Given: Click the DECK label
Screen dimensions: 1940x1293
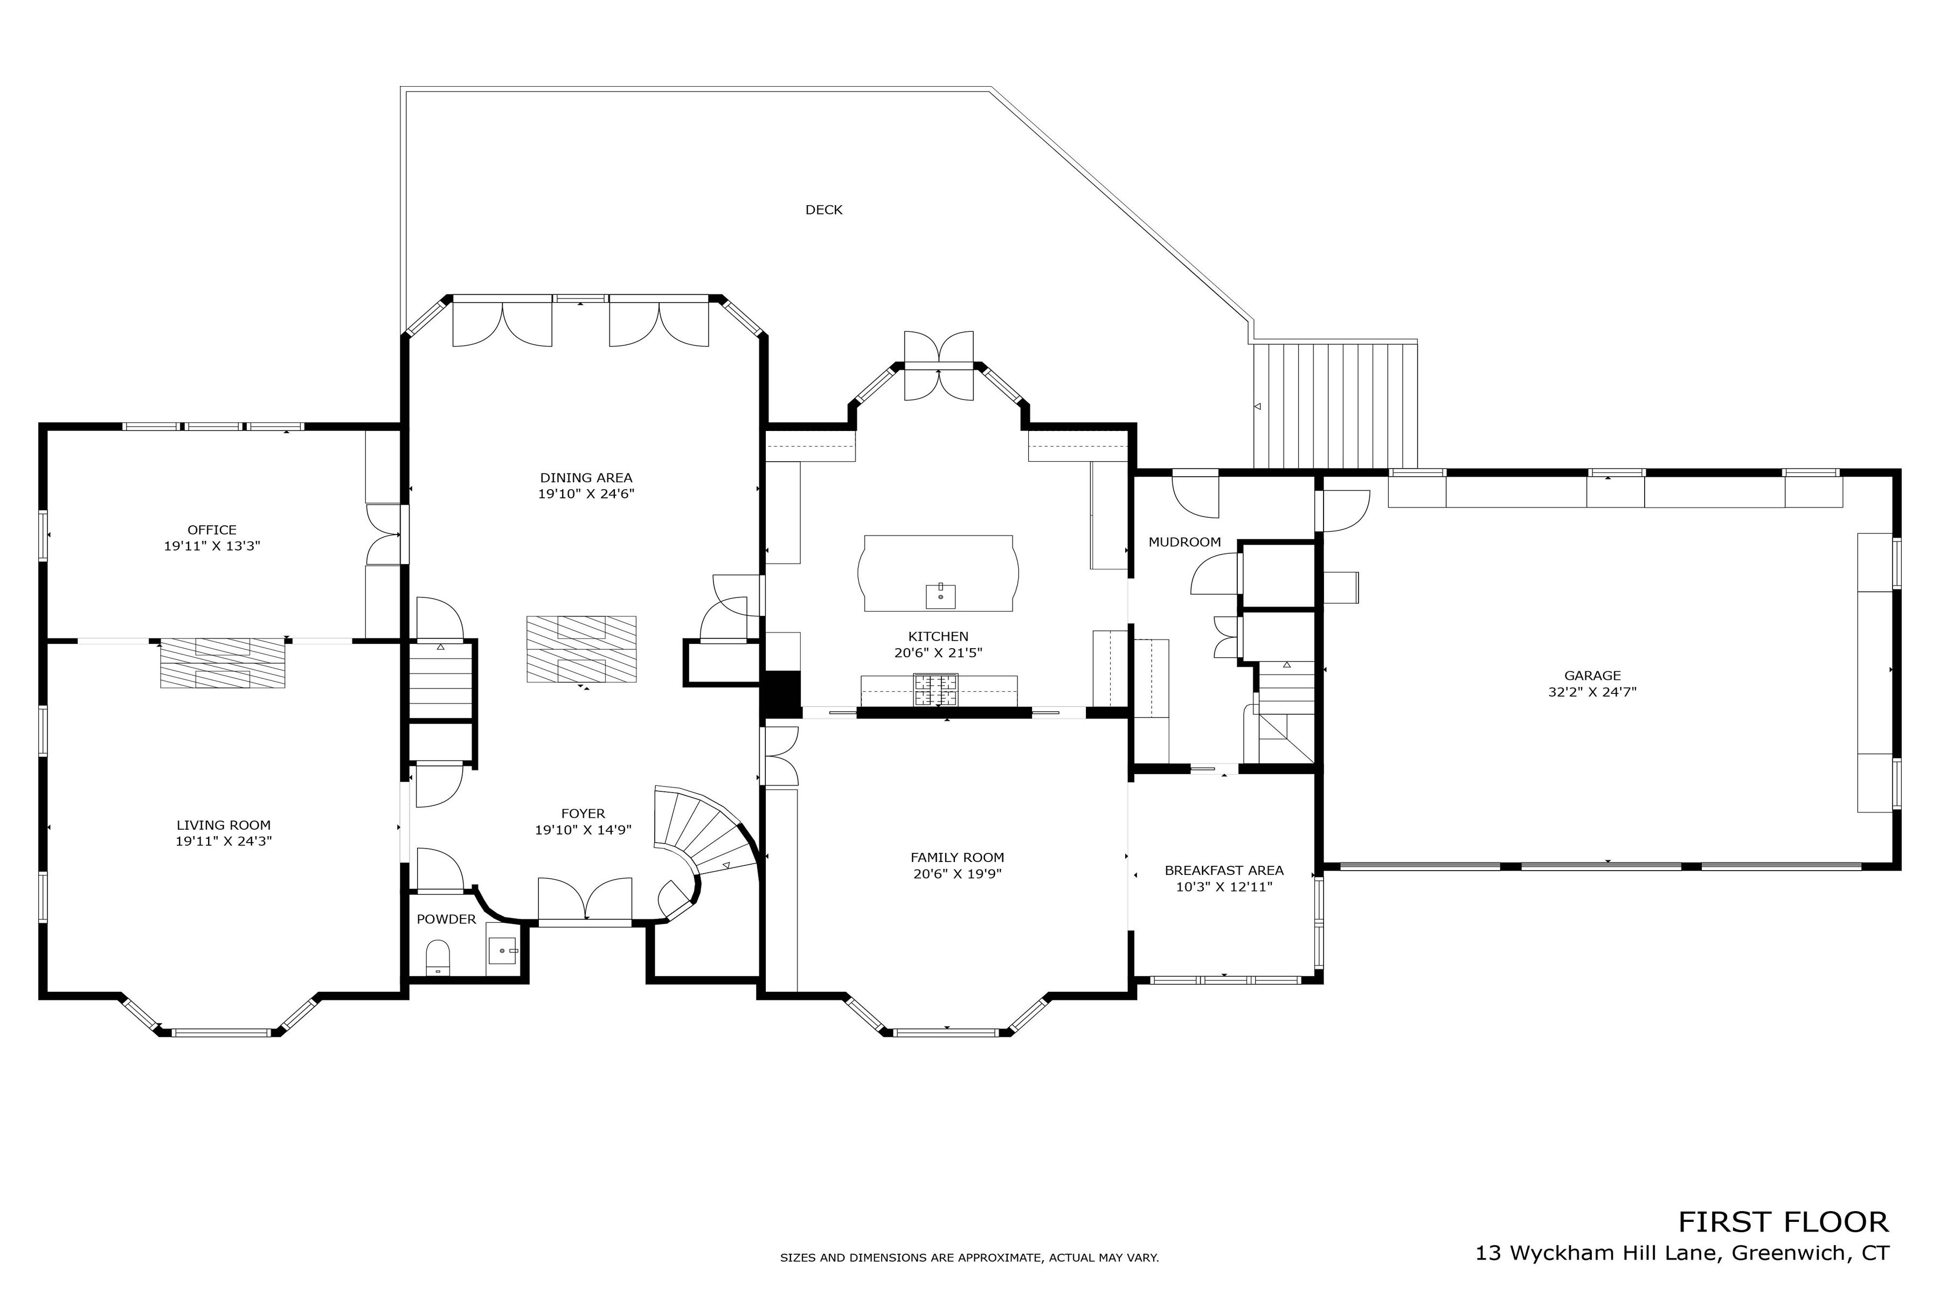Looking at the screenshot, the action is pos(823,210).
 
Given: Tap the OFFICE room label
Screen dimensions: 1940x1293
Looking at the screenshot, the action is pos(212,530).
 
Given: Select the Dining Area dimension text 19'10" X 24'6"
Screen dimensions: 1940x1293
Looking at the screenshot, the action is pos(586,495).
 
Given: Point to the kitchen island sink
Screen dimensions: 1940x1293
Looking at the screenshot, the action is pos(940,595).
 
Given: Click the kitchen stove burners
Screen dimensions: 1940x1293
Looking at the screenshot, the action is pos(936,690).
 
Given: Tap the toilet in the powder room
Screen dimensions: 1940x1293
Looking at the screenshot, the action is pos(438,957).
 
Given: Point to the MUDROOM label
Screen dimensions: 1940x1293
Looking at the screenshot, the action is pos(1184,543).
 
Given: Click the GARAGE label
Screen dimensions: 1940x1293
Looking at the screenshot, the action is pos(1592,676).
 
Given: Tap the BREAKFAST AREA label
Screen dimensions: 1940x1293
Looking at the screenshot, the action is pos(1224,871).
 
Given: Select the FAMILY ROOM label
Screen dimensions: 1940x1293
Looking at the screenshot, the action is pos(957,858).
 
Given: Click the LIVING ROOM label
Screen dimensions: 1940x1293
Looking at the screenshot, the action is pos(224,825).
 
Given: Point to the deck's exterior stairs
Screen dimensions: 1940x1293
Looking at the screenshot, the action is pos(1335,406).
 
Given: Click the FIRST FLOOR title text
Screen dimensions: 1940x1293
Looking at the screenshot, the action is pos(1783,1221).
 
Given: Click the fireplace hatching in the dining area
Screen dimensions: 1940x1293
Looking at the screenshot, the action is pos(581,649).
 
